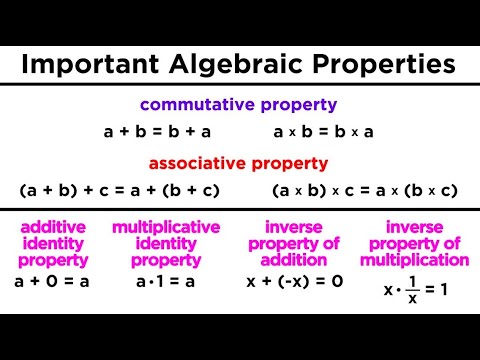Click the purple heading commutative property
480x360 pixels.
(x=239, y=104)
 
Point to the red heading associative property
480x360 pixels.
(x=239, y=163)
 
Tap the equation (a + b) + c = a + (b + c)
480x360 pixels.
(x=119, y=190)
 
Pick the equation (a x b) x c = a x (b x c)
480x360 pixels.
(x=364, y=190)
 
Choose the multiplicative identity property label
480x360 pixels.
(x=166, y=244)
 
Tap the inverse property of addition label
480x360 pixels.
(x=294, y=244)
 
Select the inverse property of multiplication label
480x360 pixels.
(x=414, y=244)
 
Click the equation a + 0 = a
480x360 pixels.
(x=53, y=282)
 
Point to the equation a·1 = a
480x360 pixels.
(x=166, y=282)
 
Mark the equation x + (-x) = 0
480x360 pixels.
(x=294, y=282)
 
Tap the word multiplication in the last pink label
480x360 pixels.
(x=414, y=260)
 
